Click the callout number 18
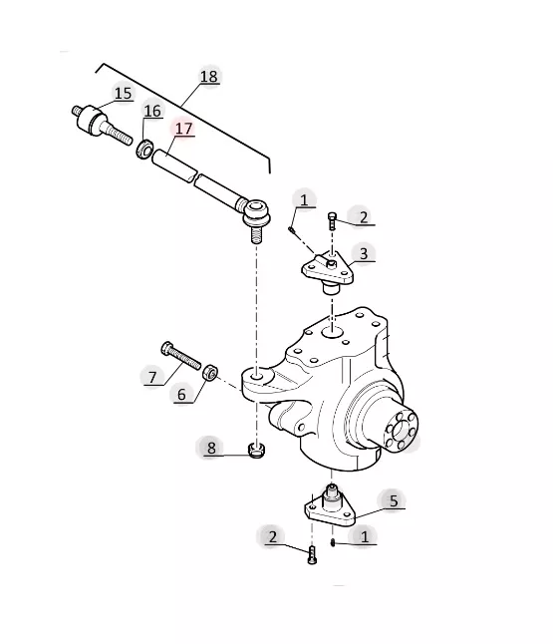point(208,77)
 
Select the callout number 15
point(124,94)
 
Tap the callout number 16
point(152,111)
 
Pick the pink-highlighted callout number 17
point(183,129)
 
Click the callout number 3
point(364,253)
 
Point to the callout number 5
point(394,501)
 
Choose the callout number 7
point(152,377)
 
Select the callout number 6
point(181,395)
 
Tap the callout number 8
point(211,448)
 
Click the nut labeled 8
point(256,451)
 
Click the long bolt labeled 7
point(181,355)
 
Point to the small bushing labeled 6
point(210,372)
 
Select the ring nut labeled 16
point(144,149)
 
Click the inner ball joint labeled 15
point(102,125)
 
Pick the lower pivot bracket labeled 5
point(330,506)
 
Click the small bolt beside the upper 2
point(332,221)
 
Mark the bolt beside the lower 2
point(312,555)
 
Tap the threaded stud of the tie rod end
point(256,234)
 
